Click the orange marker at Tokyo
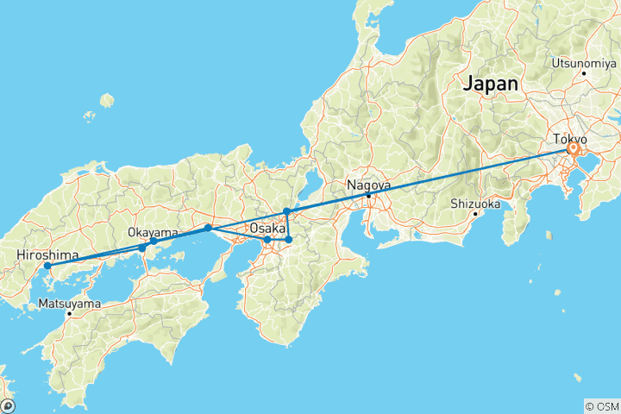573,149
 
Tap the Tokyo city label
569,139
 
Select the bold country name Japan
491,85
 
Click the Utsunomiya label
583,64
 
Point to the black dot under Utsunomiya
584,73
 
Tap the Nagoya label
368,185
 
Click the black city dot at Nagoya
368,196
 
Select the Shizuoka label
474,204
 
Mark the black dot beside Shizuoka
475,214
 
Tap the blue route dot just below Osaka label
267,239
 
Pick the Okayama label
153,232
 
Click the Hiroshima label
48,255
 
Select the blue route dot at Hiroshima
47,266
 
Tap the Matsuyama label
69,304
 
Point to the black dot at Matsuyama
70,313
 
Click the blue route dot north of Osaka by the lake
286,211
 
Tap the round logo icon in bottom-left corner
9,405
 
